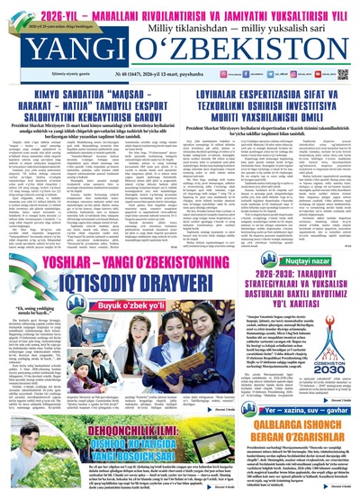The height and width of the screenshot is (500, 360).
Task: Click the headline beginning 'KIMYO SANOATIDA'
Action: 90,94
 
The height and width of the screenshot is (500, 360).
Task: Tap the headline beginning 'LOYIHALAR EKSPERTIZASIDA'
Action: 269,94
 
